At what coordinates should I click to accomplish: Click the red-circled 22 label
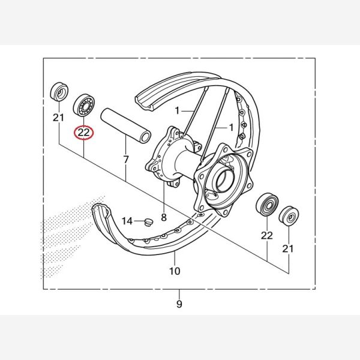(x=83, y=132)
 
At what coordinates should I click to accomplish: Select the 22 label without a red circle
(x=267, y=235)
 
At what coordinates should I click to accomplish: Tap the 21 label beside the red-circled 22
(x=58, y=118)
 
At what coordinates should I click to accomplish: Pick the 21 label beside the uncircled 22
(x=289, y=248)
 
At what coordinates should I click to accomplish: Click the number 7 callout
(x=126, y=160)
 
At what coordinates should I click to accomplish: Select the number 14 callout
(x=127, y=221)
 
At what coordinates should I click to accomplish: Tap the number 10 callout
(x=174, y=271)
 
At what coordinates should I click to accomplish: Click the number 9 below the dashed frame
(x=179, y=304)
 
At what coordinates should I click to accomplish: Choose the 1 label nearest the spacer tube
(x=178, y=110)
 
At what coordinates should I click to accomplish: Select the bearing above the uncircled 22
(x=266, y=206)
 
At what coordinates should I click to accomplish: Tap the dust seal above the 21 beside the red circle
(x=58, y=91)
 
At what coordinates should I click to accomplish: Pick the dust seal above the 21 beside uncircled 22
(x=289, y=215)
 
